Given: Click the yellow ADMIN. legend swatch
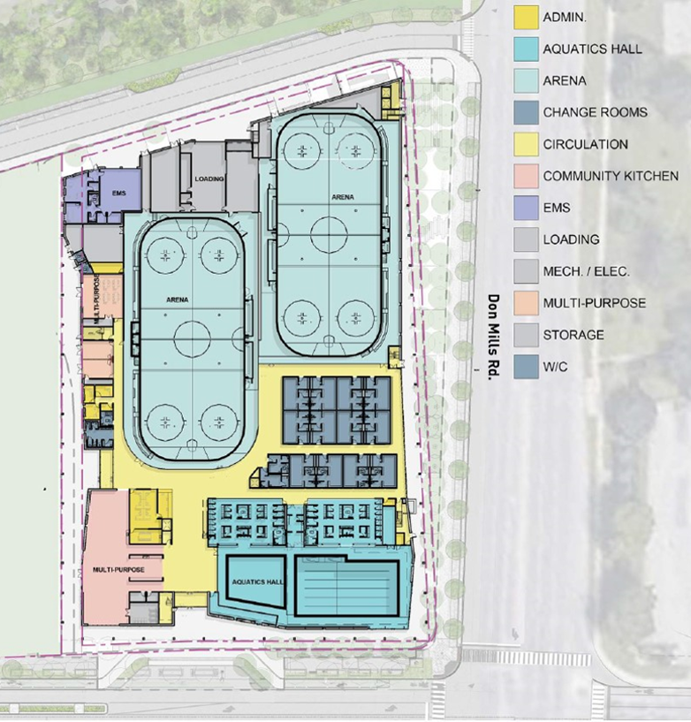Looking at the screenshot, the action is click(526, 18).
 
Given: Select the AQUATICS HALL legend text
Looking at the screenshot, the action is click(592, 49).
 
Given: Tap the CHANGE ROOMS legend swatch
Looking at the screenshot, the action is click(526, 112).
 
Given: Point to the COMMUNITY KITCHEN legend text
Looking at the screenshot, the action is click(611, 176).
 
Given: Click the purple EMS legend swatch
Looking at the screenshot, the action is click(526, 208).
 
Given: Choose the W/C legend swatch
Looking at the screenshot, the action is click(526, 367).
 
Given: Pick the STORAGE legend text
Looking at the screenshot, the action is click(573, 335).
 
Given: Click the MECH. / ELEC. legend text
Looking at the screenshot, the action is click(586, 271).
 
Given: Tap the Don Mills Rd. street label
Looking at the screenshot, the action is click(493, 337).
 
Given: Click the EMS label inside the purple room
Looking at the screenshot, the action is click(118, 193).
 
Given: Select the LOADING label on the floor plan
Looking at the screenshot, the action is click(209, 179).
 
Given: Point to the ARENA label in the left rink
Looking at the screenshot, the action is click(178, 300).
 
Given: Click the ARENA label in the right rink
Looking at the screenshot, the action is click(343, 197).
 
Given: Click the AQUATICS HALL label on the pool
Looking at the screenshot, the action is click(257, 582).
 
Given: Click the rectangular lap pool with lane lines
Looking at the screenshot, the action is click(346, 588).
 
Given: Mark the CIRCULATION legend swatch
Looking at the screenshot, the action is click(526, 144).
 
